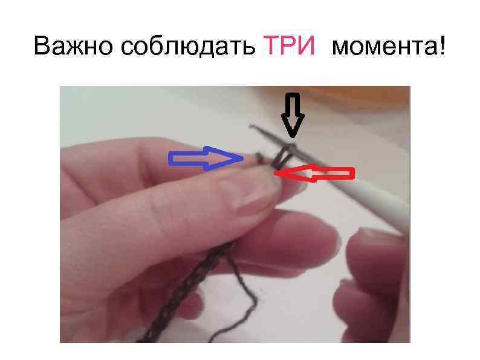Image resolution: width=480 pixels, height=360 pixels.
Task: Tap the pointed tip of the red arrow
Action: click(276, 174)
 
